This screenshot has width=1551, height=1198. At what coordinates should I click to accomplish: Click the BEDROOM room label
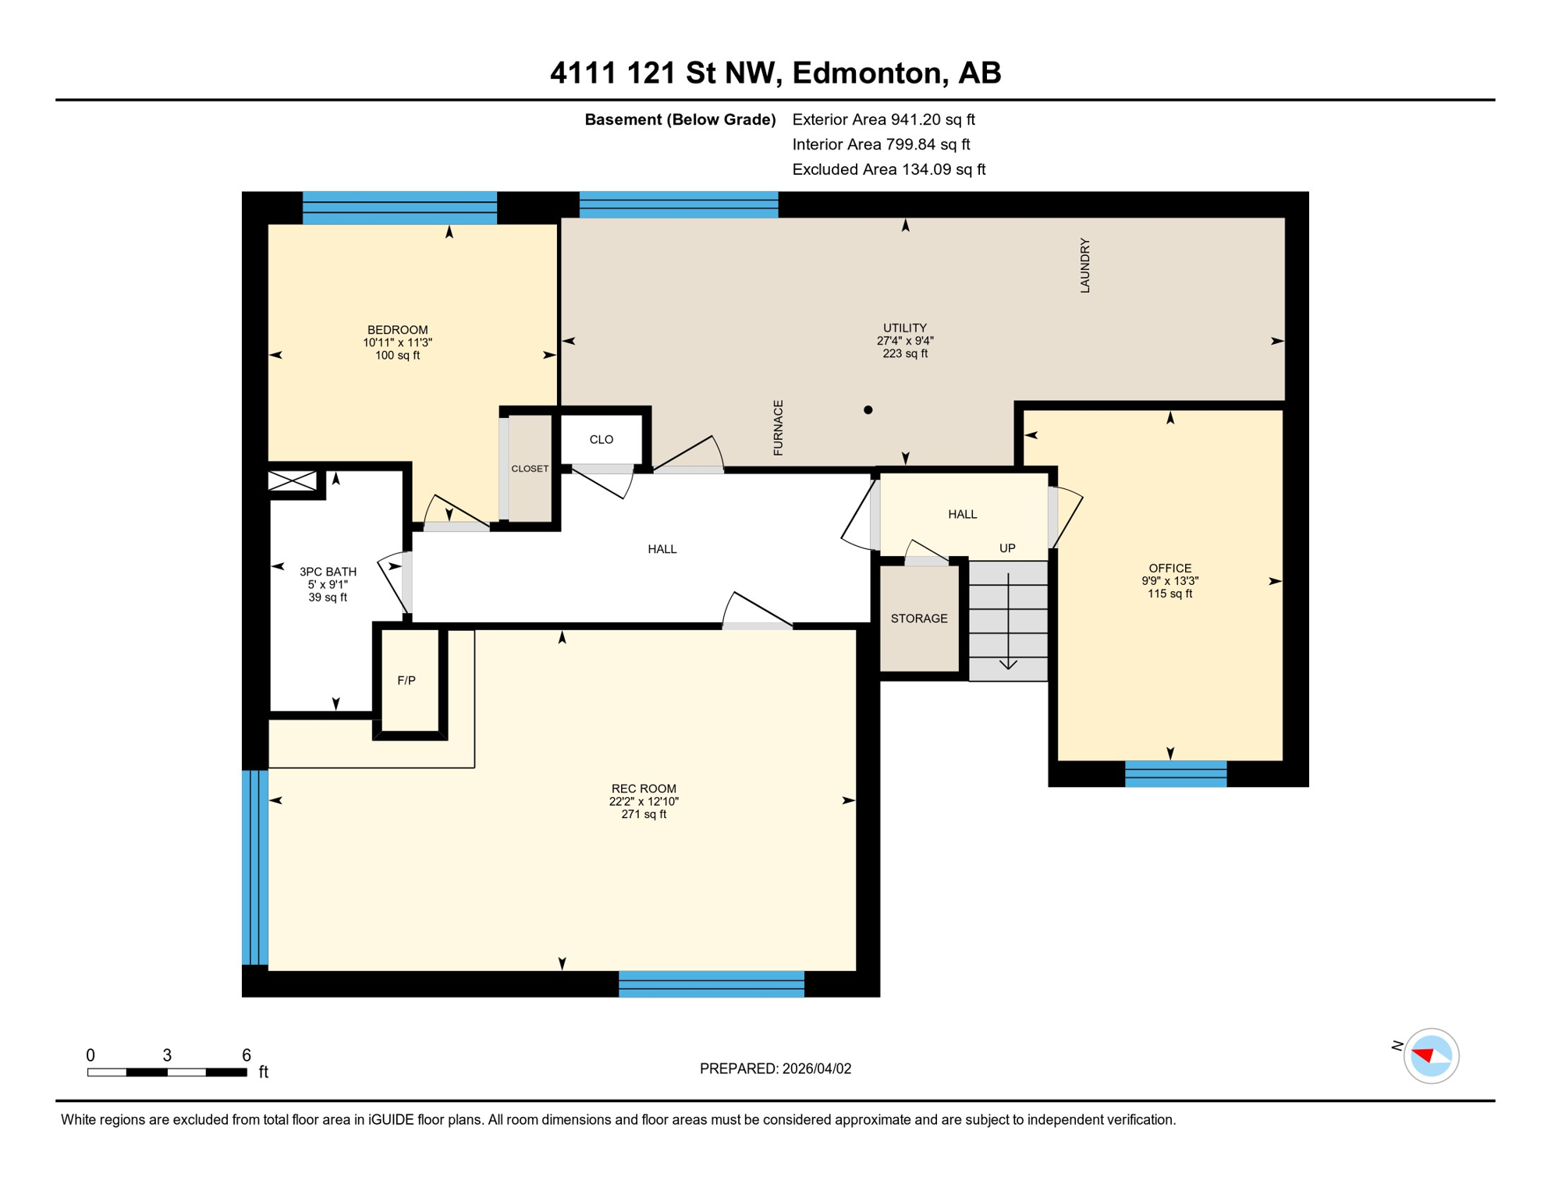pos(397,330)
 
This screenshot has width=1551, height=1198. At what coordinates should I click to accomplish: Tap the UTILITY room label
pos(904,328)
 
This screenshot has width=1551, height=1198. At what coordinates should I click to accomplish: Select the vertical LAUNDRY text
pos(1084,266)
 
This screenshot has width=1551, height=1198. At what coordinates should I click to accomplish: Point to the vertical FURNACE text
pos(778,427)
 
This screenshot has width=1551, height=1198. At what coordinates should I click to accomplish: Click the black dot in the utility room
pos(868,409)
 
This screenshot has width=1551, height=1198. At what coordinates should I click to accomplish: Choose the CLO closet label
pos(601,440)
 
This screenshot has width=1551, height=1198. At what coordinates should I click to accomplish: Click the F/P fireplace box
pos(407,681)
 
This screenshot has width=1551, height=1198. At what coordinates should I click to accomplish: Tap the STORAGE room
pos(919,618)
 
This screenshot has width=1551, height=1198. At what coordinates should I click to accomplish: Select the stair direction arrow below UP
pos(1008,624)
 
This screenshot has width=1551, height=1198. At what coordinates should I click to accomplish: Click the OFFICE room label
pos(1169,569)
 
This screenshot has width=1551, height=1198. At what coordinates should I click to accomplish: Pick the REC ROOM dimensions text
pos(644,802)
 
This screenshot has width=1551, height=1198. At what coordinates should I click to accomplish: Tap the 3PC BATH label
pos(328,572)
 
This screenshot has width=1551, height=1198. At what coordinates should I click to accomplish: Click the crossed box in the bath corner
pos(293,480)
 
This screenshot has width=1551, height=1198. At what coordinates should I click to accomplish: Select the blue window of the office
pos(1175,774)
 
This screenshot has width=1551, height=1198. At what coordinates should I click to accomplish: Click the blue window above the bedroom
pos(399,207)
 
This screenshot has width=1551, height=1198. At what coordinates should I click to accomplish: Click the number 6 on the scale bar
pos(246,1055)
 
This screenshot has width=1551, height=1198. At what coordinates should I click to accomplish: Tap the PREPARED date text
pos(775,1069)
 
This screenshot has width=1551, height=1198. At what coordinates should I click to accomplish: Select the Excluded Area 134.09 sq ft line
pos(888,169)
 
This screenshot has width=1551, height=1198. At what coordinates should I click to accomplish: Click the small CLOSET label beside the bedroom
pos(530,469)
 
